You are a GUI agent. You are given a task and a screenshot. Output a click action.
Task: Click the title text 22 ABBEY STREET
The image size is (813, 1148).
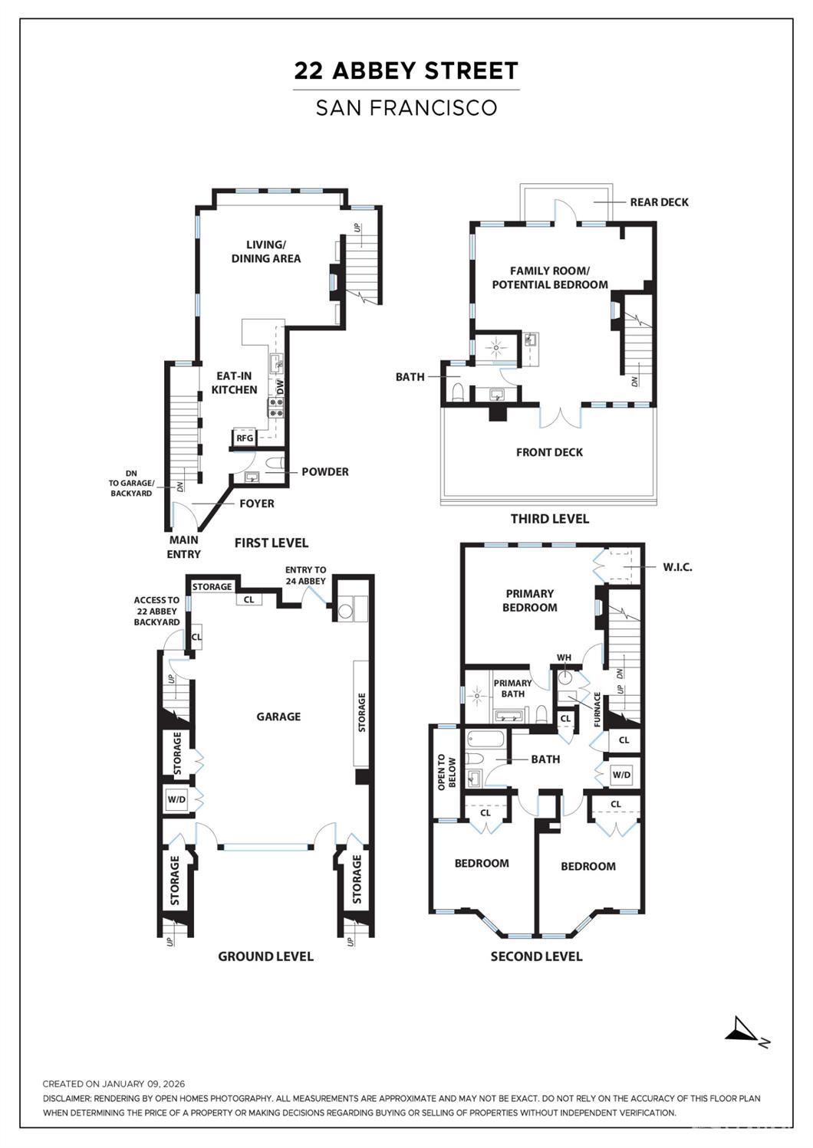406,71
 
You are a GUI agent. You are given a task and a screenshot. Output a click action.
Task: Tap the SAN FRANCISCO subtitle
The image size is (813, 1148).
406,108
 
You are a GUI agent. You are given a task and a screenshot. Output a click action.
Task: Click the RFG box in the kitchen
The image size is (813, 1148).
244,438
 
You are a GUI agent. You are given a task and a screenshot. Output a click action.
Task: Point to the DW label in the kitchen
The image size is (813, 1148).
281,387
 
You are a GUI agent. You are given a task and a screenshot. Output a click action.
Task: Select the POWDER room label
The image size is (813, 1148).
324,472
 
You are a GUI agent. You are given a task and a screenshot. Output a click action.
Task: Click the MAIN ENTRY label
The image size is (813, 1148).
184,547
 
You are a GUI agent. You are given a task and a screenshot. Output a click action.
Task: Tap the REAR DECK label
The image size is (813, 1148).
659,202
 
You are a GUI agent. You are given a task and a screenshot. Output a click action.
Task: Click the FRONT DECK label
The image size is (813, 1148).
549,452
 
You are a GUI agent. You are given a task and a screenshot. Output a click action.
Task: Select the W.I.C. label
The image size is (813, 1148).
678,568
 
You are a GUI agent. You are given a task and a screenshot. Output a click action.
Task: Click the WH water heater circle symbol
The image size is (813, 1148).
566,677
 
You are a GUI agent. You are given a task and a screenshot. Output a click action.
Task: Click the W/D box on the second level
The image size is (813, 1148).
621,775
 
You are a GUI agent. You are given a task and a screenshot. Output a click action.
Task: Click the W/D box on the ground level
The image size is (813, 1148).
176,799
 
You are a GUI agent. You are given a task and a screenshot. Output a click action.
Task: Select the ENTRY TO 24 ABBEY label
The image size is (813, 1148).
305,576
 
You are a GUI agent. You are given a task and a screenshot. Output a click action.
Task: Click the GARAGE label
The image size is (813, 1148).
278,717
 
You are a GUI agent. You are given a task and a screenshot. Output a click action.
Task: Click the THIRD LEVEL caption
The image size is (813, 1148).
550,519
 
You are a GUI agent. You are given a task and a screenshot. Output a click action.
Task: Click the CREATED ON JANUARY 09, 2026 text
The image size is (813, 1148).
114,1084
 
